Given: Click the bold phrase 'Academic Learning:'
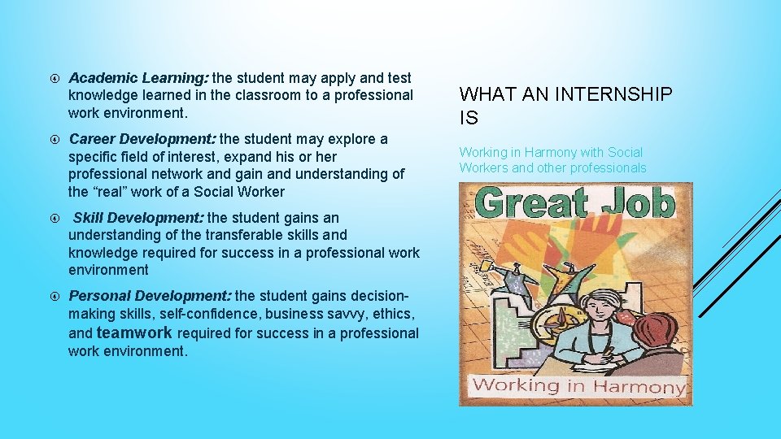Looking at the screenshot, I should point(138,78).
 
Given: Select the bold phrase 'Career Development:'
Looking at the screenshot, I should point(142,139).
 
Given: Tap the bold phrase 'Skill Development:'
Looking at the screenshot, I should point(139,218).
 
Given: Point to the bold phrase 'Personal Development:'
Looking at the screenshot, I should point(150,297).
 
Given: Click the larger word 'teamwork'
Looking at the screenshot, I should point(134,333).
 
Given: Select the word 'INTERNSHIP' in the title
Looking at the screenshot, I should point(614,95).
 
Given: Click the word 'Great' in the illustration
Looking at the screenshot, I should point(532,203).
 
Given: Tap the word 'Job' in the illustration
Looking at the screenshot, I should point(638,203).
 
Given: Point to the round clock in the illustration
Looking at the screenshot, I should point(536,320).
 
